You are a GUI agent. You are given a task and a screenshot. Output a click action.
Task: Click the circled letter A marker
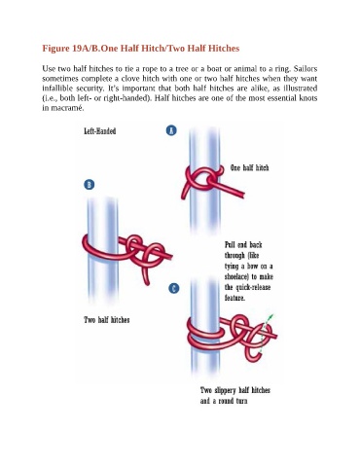click(x=171, y=130)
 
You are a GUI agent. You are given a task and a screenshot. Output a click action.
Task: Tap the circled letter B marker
click(x=90, y=185)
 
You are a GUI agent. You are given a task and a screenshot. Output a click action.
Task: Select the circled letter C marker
click(x=174, y=288)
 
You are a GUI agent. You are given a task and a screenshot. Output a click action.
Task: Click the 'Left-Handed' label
click(x=100, y=131)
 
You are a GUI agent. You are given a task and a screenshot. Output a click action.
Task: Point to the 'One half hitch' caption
click(x=249, y=167)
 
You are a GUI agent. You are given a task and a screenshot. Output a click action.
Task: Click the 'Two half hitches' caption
click(x=107, y=320)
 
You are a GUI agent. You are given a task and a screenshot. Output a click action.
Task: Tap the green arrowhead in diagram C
click(x=271, y=316)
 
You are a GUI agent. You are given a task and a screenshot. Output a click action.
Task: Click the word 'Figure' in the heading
click(x=55, y=49)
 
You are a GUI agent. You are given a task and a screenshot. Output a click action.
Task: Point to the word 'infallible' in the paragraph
click(x=57, y=89)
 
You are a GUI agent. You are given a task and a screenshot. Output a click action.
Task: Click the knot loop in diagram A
click(x=204, y=178)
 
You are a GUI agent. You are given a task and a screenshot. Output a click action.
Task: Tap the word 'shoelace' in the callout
click(x=235, y=276)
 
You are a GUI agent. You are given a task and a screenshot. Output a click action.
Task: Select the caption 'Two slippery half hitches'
click(x=235, y=390)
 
